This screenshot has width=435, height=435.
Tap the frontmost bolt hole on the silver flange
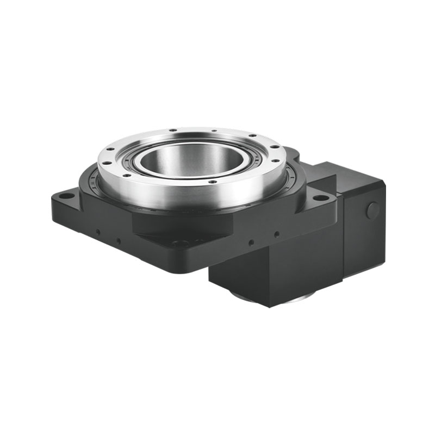213,181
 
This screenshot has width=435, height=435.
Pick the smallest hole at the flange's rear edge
214,130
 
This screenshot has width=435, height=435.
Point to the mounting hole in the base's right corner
320,197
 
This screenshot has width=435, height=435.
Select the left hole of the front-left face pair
97,232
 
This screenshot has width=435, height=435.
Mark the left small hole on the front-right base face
251,243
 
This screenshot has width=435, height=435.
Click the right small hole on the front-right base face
277,234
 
